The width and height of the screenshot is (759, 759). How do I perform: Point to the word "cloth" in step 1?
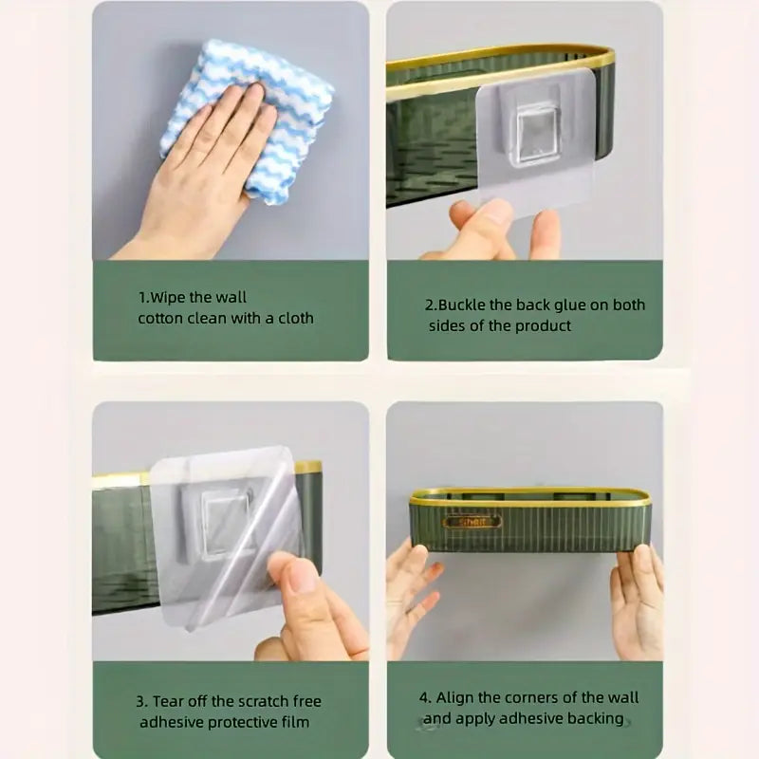[296, 318]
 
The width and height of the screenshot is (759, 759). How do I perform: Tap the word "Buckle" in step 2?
[462, 305]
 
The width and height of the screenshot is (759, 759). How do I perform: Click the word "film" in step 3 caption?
[296, 722]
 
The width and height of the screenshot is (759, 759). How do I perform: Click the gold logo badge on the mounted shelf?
[472, 522]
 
